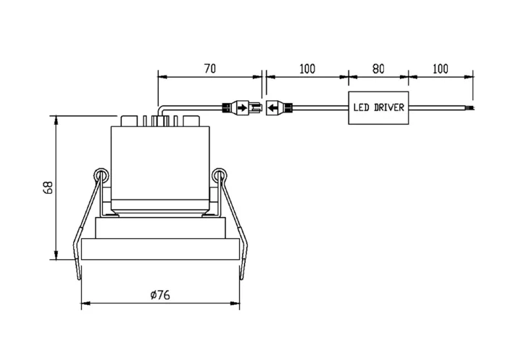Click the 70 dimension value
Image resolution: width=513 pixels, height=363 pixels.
point(210,69)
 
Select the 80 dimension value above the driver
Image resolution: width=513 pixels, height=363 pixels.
point(378,69)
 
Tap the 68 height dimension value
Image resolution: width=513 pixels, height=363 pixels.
point(48,187)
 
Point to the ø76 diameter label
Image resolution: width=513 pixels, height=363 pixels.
point(160,295)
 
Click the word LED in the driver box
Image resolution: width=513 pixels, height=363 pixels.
point(361,107)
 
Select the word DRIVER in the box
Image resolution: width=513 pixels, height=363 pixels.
point(389,107)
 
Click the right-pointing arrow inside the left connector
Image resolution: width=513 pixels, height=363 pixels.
point(242,107)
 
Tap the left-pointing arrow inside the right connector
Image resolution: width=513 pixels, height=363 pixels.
point(272,107)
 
